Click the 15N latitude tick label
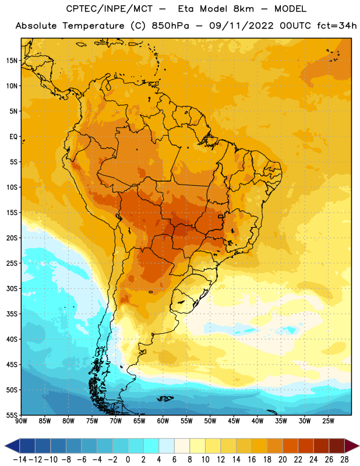point(12,61)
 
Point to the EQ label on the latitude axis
point(13,137)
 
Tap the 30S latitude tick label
point(12,288)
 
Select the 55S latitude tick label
point(12,415)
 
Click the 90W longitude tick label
point(22,421)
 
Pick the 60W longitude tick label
point(163,421)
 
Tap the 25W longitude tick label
point(328,421)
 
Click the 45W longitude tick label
point(234,421)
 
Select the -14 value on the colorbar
point(20,460)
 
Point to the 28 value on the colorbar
point(344,460)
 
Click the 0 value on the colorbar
point(128,460)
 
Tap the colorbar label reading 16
point(252,460)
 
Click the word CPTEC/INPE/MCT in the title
point(109,9)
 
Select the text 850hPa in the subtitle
point(170,26)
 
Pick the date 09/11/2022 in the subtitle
point(241,26)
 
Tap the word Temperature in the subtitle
point(93,26)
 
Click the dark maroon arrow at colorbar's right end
point(351,446)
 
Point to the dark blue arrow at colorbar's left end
point(12,446)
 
